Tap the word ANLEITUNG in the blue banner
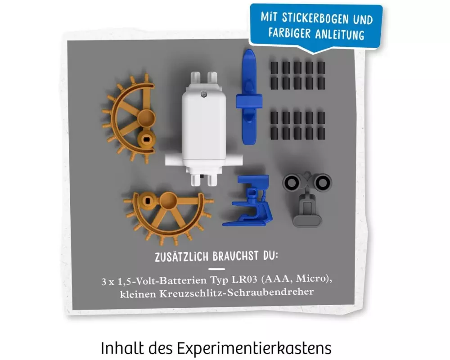(x=340, y=34)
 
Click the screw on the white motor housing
(x=204, y=94)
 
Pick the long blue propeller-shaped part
(x=249, y=97)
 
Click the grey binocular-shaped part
(x=307, y=198)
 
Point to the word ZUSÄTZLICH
(x=181, y=256)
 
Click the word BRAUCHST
(x=236, y=256)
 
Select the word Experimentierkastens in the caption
(x=254, y=348)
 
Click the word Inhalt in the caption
(x=122, y=348)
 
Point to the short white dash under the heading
(x=217, y=269)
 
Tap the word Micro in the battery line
(x=312, y=279)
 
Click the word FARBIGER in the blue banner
(x=290, y=32)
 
